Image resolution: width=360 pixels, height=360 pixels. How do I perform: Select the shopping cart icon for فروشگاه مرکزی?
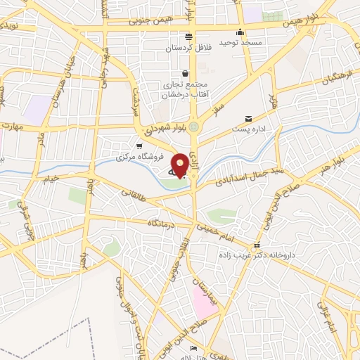(139, 145)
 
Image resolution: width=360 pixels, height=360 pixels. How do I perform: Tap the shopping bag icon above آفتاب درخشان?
(185, 73)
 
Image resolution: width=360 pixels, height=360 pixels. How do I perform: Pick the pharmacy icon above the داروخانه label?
(257, 246)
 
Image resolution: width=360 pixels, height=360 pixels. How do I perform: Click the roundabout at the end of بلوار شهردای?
(194, 127)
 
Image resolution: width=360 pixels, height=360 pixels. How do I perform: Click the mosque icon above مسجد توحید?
(240, 32)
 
